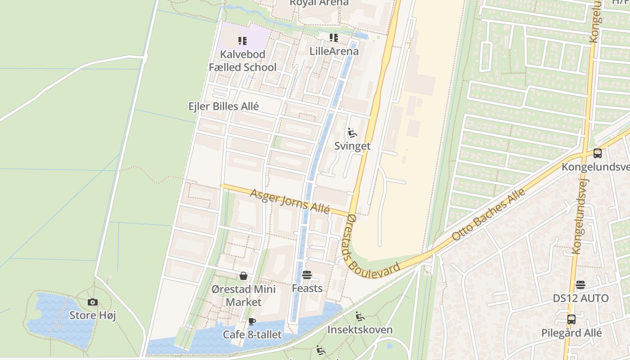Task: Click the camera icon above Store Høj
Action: coord(93,302)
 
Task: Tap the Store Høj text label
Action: coord(93,315)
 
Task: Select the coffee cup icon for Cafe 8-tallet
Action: coord(252,321)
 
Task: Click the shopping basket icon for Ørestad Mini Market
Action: coord(243,276)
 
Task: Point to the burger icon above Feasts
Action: coord(307,274)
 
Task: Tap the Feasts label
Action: coord(307,288)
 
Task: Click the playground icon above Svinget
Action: coord(352,133)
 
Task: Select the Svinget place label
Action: coord(352,146)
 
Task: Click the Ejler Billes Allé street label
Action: coord(224,106)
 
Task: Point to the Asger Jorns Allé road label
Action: coord(290,201)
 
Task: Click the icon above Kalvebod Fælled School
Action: coord(243,41)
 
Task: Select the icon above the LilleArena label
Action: coord(333,38)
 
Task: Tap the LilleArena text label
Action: coord(334,51)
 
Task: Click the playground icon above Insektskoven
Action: coord(360,316)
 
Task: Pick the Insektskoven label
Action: coord(360,329)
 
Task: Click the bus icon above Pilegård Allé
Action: coord(571,319)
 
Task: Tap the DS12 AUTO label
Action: coord(580,298)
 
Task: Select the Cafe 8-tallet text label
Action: coord(252,334)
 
